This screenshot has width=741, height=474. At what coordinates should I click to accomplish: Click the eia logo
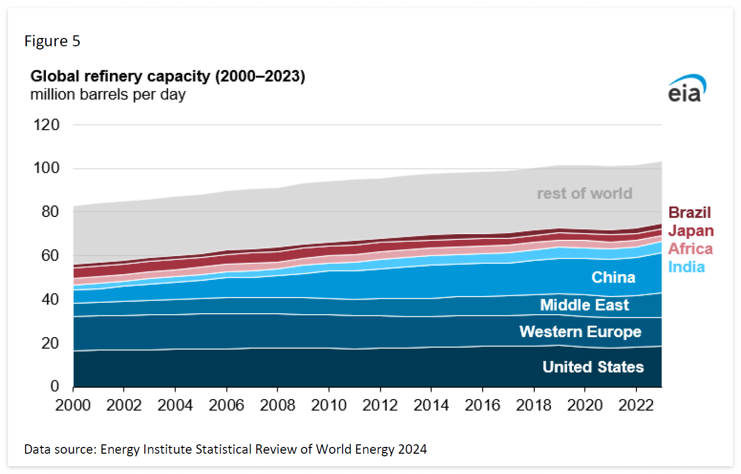tap(687, 88)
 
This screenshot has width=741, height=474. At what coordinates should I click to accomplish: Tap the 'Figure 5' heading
tap(52, 41)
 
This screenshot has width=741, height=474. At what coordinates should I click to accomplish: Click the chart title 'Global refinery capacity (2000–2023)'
tap(168, 76)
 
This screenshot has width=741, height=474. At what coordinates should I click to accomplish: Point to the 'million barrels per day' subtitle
tap(108, 95)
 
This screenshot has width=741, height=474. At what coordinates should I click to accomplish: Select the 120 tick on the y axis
tap(46, 125)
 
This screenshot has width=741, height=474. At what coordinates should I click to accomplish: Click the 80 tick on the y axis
tap(50, 212)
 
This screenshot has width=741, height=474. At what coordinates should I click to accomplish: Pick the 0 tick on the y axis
tap(55, 386)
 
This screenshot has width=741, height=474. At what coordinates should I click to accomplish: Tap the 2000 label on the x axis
tap(73, 405)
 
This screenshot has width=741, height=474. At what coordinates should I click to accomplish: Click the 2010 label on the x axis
tap(329, 405)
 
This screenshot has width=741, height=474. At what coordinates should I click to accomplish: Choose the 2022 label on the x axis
tap(636, 405)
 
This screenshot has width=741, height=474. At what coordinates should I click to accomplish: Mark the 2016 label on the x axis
tap(482, 405)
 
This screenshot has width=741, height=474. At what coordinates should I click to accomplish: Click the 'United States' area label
tap(593, 367)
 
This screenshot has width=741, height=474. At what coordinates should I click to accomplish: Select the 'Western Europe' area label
tap(580, 332)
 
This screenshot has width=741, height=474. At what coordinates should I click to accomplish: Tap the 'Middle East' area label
tap(584, 305)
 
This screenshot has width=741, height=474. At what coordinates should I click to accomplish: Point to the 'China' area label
tap(613, 277)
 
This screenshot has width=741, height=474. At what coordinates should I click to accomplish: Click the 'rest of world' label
tap(584, 194)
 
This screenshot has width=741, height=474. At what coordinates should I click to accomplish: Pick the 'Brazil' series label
tap(689, 213)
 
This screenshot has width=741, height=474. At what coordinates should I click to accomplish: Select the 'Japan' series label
tap(690, 231)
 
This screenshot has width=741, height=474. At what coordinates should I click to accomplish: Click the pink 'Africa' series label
tap(690, 249)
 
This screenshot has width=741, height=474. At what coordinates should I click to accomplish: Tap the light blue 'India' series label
tap(686, 267)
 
